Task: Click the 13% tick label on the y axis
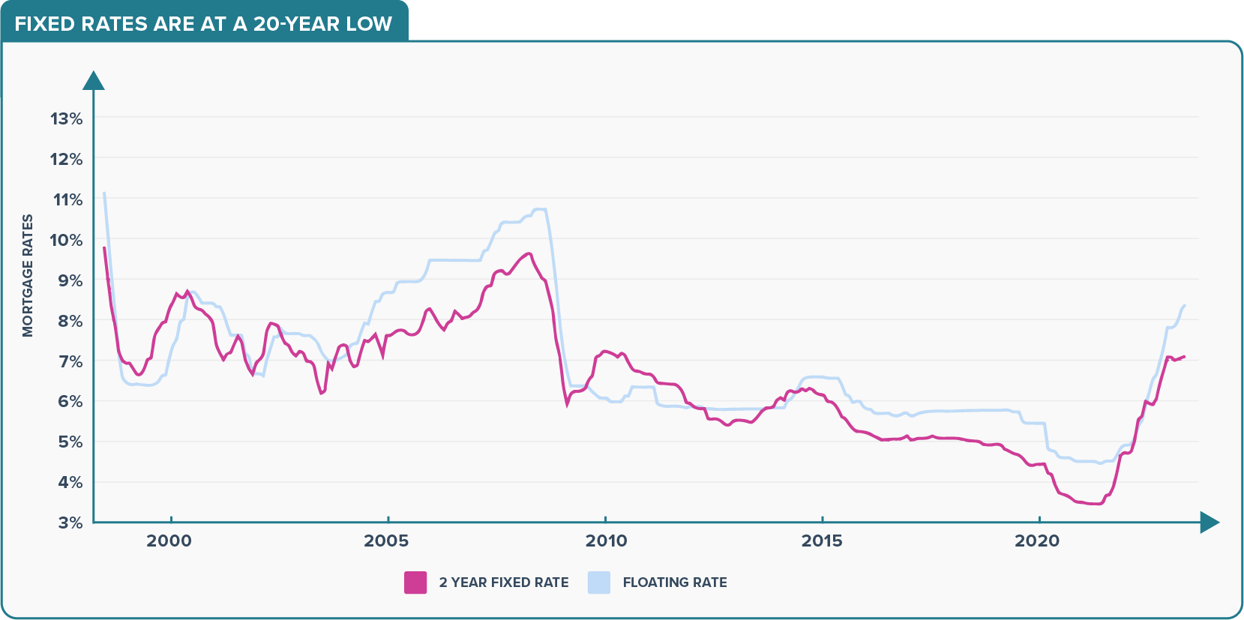tap(66, 118)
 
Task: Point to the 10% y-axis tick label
tap(66, 240)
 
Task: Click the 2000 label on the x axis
tap(169, 541)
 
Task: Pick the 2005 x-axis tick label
tap(386, 541)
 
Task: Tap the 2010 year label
tap(606, 541)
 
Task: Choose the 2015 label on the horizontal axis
tap(822, 541)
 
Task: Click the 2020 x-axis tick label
tap(1037, 541)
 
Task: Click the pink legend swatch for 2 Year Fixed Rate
tap(415, 583)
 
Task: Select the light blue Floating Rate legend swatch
tap(599, 583)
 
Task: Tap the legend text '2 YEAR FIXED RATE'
tap(504, 583)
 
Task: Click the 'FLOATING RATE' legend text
tap(675, 583)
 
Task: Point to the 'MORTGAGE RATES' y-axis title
tap(28, 276)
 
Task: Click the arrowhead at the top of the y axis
tap(93, 80)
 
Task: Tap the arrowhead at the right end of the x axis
tap(1209, 523)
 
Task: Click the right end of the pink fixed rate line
tap(1184, 357)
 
